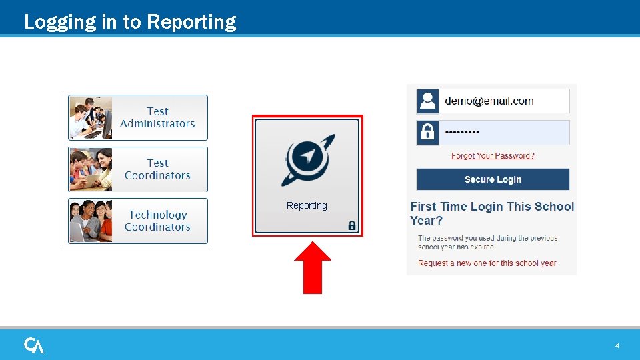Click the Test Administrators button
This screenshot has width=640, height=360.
(x=157, y=117)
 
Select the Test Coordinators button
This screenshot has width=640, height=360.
(x=157, y=169)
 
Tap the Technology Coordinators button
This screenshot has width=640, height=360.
(x=158, y=221)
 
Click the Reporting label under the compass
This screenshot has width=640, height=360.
(x=307, y=205)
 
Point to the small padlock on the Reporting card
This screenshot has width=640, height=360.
(x=352, y=225)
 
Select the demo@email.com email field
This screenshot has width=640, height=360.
(x=503, y=101)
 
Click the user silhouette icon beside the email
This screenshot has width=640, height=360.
(x=427, y=101)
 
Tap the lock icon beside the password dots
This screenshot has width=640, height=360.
(x=427, y=132)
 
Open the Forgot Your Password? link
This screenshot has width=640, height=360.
(x=493, y=155)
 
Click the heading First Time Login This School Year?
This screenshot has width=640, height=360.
(x=491, y=213)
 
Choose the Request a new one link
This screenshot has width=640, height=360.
(x=487, y=263)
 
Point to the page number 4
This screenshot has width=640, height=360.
(x=617, y=346)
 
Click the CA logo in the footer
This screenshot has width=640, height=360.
(x=34, y=345)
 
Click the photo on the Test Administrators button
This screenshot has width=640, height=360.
(x=91, y=117)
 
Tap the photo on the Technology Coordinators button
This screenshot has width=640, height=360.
(x=91, y=221)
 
